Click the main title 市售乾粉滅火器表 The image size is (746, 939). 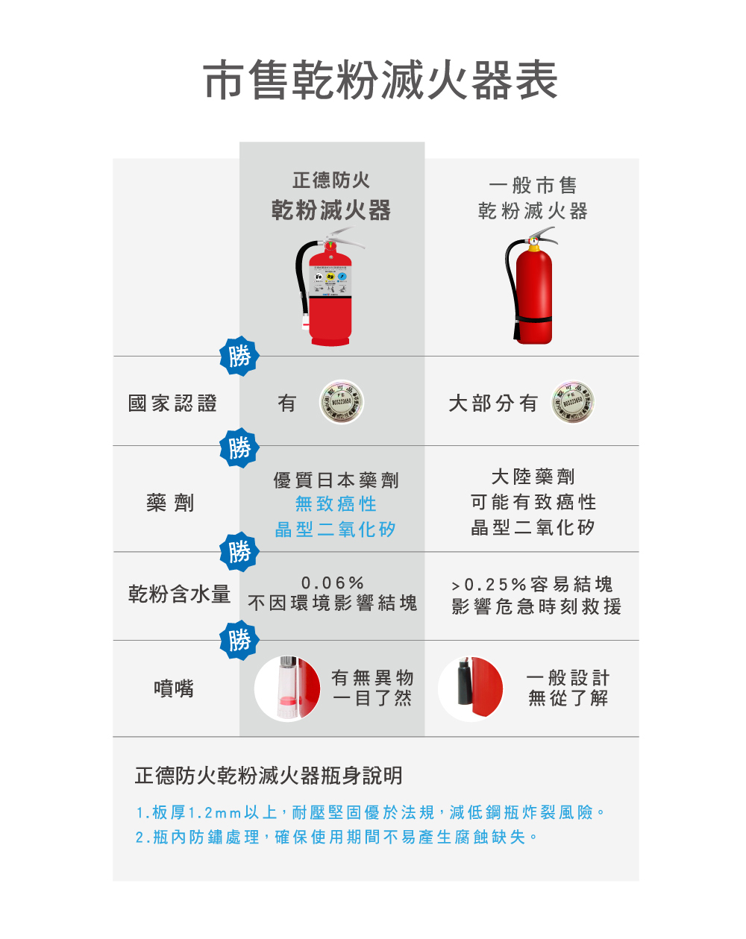(380, 81)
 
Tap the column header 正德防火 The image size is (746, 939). (331, 180)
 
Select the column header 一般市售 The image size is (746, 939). (533, 186)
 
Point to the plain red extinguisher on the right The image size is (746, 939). (532, 287)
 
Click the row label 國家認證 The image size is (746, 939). (172, 403)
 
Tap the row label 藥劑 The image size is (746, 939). (170, 503)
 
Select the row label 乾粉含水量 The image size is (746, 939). (179, 594)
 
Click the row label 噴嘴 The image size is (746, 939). (174, 688)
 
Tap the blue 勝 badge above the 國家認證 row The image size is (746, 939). (239, 357)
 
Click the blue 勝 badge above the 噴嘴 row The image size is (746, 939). (239, 640)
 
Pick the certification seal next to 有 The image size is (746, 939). (342, 402)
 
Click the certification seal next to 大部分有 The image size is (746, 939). (573, 402)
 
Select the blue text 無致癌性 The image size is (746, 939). (336, 504)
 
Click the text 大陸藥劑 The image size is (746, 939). (533, 477)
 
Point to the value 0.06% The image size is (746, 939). (333, 582)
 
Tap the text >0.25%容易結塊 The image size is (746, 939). (533, 584)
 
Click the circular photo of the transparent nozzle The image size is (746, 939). (287, 688)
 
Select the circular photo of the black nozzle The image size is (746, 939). (471, 688)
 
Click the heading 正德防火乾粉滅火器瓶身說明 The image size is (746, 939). (269, 776)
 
